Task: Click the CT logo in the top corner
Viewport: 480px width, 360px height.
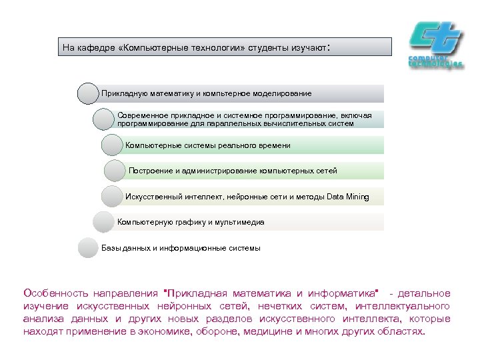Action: tap(435, 43)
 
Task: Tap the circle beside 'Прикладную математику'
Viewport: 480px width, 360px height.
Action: tap(88, 93)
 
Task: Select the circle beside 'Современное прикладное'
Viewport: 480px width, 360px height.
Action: tap(104, 119)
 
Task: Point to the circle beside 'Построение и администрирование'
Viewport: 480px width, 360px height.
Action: tap(115, 171)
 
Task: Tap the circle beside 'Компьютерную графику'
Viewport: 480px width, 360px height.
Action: tap(104, 222)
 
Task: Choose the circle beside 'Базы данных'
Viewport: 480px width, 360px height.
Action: tap(88, 248)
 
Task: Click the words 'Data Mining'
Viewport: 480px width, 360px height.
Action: tap(347, 197)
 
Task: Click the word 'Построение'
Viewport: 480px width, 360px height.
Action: tap(150, 171)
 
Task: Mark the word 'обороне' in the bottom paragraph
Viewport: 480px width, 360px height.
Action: tap(221, 331)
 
